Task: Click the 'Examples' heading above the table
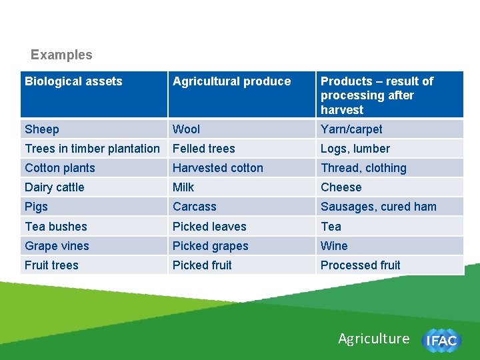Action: click(61, 55)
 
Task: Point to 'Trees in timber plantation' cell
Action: click(92, 149)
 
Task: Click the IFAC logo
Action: click(441, 341)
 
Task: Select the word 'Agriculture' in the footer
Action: click(373, 339)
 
